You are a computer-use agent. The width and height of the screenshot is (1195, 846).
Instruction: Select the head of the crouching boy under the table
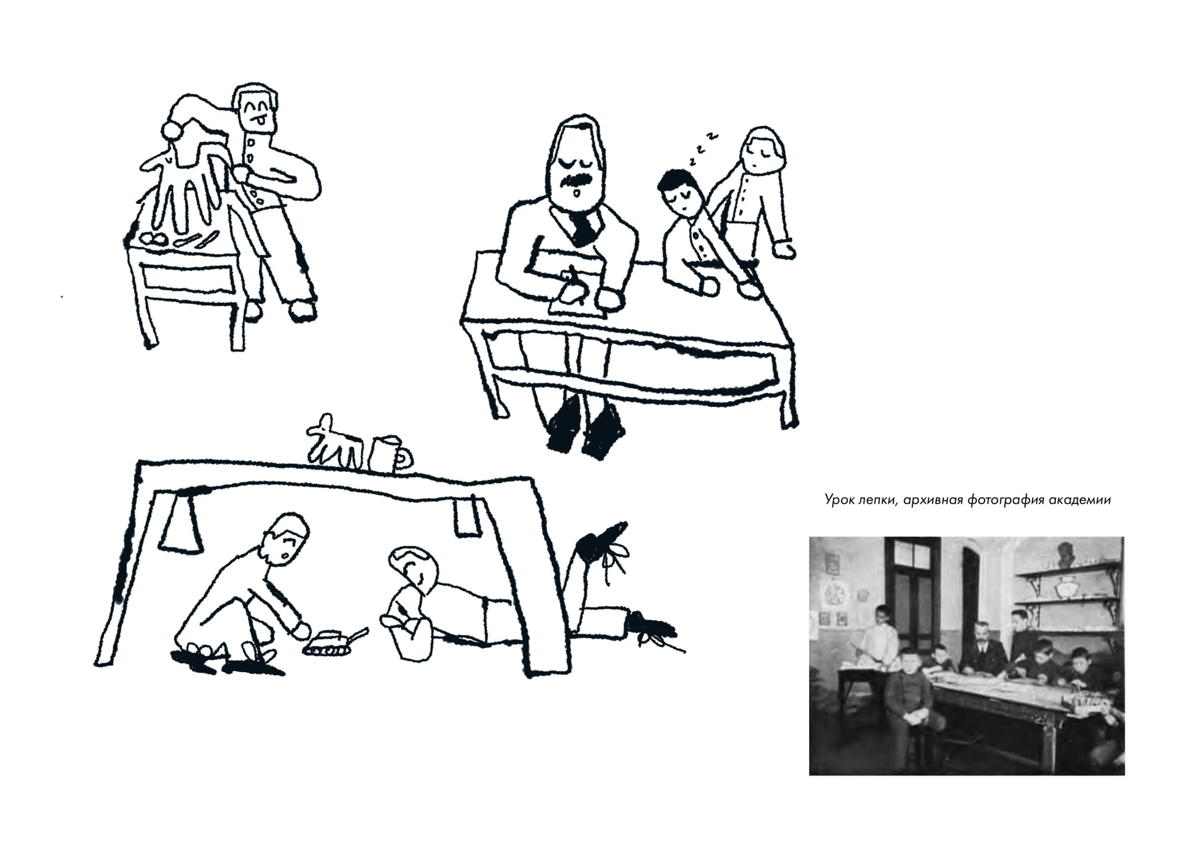pos(287,539)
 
